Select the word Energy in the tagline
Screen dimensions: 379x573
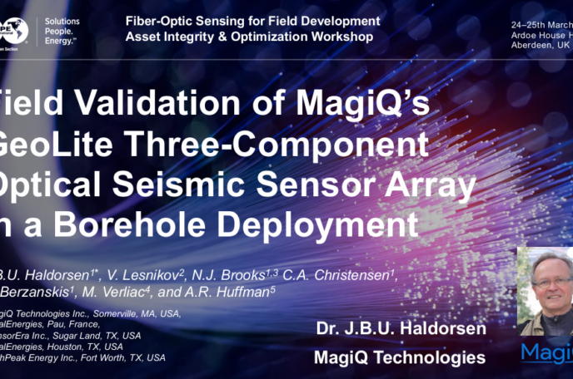click(61, 41)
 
